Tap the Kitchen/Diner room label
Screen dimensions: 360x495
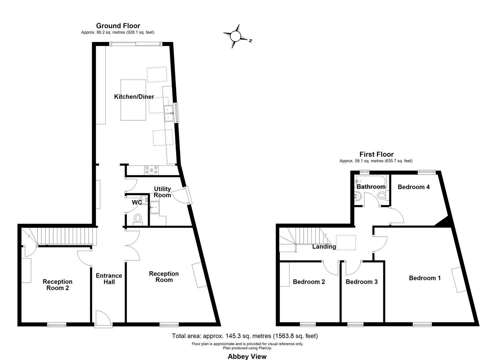(x=134, y=97)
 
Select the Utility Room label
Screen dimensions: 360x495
(x=162, y=192)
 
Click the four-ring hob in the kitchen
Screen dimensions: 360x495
(x=151, y=170)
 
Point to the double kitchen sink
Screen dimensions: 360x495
(x=169, y=113)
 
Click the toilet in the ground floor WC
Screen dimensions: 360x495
(x=137, y=219)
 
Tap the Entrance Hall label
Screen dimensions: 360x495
(x=109, y=279)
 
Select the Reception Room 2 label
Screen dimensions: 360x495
(x=57, y=285)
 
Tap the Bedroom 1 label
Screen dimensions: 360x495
(x=425, y=278)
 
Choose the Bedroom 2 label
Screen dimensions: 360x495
(x=309, y=282)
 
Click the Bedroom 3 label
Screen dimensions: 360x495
(x=361, y=282)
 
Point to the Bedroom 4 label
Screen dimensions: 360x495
(x=413, y=187)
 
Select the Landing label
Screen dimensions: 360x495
(x=324, y=247)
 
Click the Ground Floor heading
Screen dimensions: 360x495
(x=118, y=26)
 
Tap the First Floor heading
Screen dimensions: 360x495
(x=376, y=154)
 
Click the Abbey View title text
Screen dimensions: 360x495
(x=247, y=356)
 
